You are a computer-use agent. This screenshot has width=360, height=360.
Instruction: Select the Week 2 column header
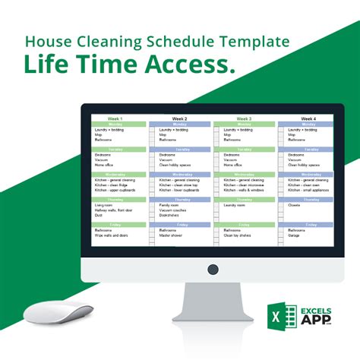pos(180,119)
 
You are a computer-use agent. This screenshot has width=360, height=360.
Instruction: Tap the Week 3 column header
pos(245,119)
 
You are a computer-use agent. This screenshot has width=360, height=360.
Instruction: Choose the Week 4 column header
pos(308,119)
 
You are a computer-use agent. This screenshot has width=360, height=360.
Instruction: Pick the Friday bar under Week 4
pos(308,226)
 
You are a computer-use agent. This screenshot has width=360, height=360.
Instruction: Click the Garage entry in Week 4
pos(294,235)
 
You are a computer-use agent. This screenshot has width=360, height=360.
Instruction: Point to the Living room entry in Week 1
pos(105,205)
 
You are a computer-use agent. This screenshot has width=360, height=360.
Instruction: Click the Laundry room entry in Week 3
pos(235,205)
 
